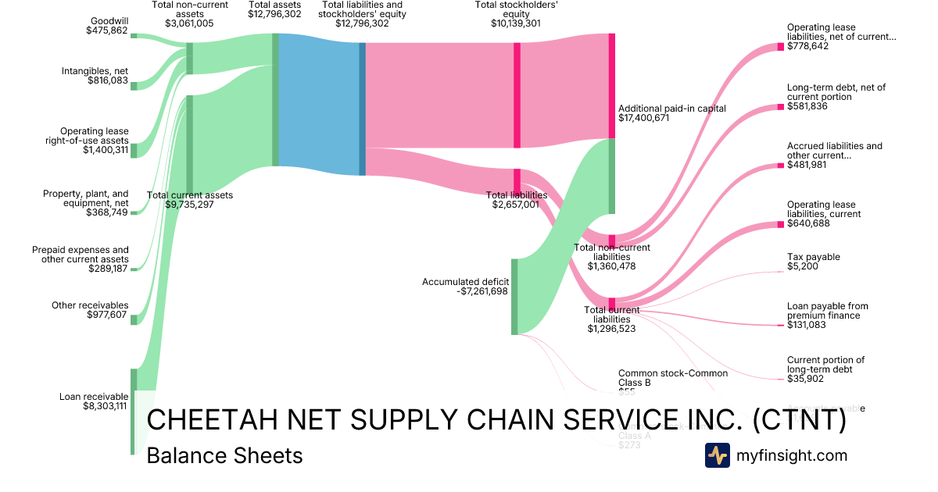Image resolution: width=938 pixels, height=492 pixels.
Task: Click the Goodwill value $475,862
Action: pyautogui.click(x=108, y=30)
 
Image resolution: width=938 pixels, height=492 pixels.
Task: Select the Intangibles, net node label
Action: pyautogui.click(x=95, y=71)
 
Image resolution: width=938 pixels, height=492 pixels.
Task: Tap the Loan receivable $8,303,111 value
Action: pyautogui.click(x=104, y=406)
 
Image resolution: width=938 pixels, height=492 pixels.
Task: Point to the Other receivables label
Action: pyautogui.click(x=90, y=305)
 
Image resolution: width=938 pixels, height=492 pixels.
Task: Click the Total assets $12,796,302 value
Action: pyautogui.click(x=274, y=14)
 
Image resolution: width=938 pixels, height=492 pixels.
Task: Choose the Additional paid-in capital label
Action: pyautogui.click(x=671, y=109)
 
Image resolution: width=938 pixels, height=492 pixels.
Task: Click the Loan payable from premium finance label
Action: pyautogui.click(x=827, y=311)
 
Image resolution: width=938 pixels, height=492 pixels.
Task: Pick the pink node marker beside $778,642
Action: pyautogui.click(x=780, y=47)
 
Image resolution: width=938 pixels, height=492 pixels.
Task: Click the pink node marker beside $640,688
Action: pyautogui.click(x=780, y=225)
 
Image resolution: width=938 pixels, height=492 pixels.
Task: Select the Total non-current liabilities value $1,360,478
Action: pyautogui.click(x=612, y=266)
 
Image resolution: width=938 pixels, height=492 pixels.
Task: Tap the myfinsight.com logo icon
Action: pyautogui.click(x=717, y=455)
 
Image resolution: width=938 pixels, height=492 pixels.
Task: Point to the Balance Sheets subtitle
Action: pyautogui.click(x=224, y=455)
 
